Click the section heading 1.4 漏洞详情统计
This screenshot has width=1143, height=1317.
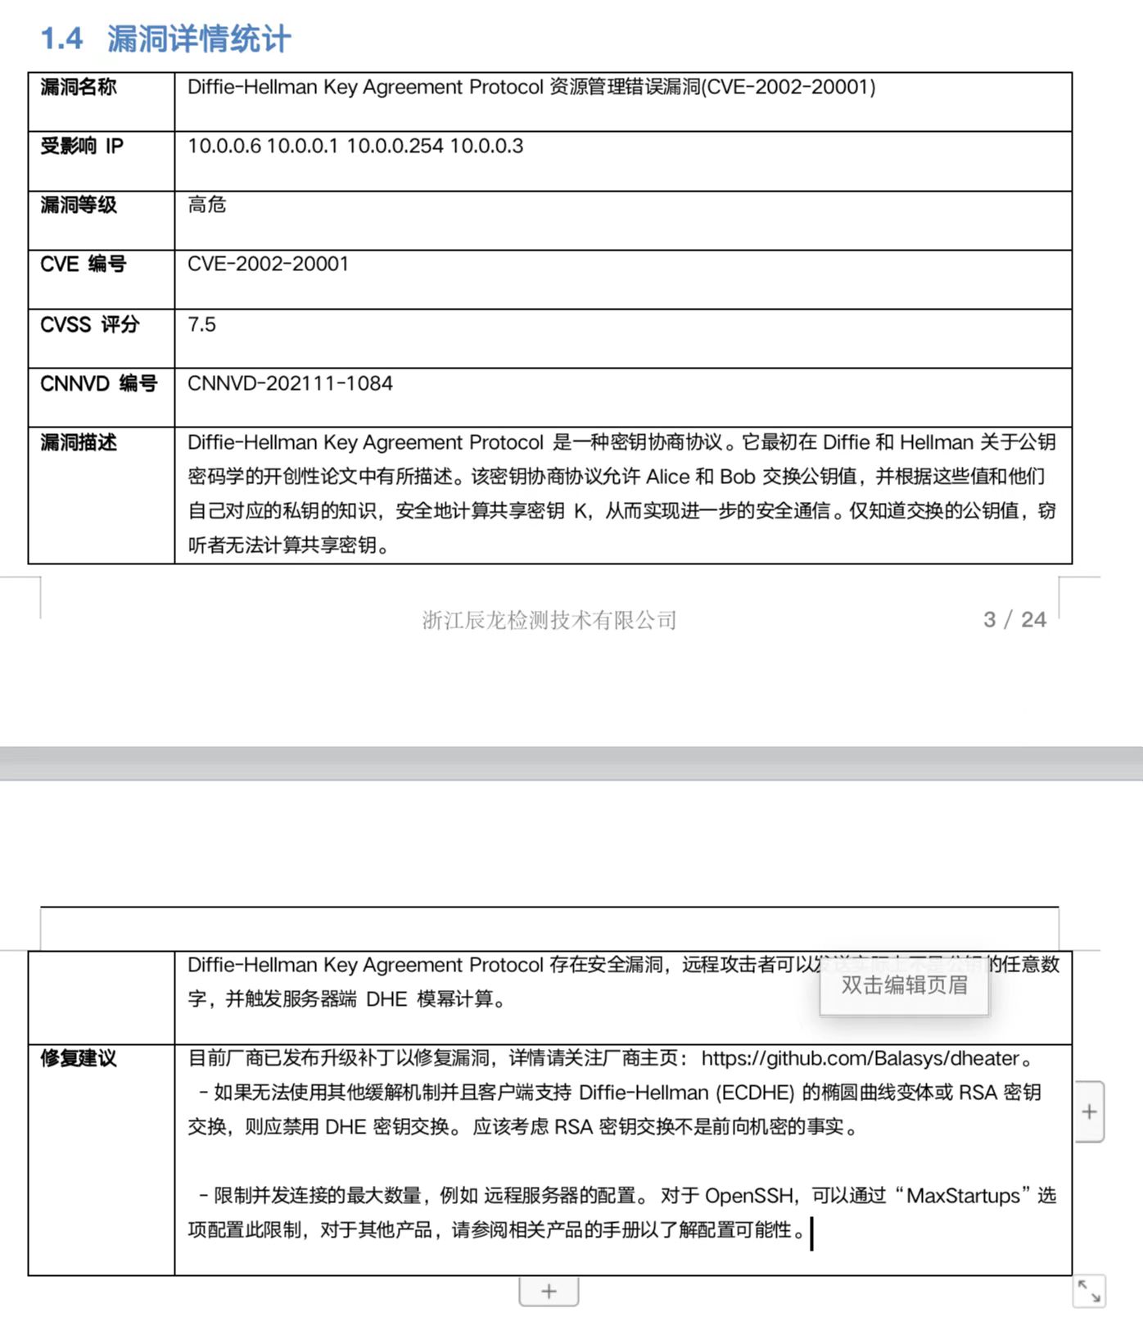coord(166,38)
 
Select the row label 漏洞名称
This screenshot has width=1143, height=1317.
coord(79,88)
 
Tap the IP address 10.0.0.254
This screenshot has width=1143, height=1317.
coord(395,147)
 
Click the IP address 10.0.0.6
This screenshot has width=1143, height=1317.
coord(224,147)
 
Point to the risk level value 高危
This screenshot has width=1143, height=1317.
coord(206,205)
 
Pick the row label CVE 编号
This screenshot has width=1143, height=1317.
coord(83,265)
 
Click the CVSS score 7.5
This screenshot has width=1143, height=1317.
coord(201,324)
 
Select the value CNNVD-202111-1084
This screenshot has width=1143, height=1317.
coord(290,383)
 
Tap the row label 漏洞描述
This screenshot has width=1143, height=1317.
coord(79,443)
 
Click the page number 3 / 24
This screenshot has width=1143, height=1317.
coord(1014,619)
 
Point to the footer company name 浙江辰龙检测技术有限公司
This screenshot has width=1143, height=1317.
coord(549,620)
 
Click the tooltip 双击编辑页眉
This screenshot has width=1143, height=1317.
coord(904,985)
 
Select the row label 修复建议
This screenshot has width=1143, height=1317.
coord(79,1059)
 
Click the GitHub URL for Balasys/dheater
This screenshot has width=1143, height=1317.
coord(860,1058)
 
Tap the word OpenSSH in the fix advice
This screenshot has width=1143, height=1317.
coord(749,1196)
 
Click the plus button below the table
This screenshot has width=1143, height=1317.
coord(549,1292)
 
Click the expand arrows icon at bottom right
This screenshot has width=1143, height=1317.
coord(1089,1292)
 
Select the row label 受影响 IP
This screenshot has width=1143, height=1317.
coord(82,147)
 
